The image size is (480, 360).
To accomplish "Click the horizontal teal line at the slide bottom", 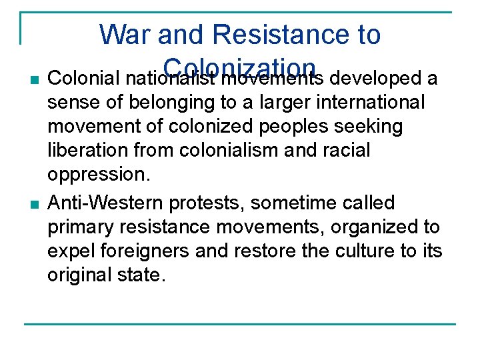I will (x=239, y=325).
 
